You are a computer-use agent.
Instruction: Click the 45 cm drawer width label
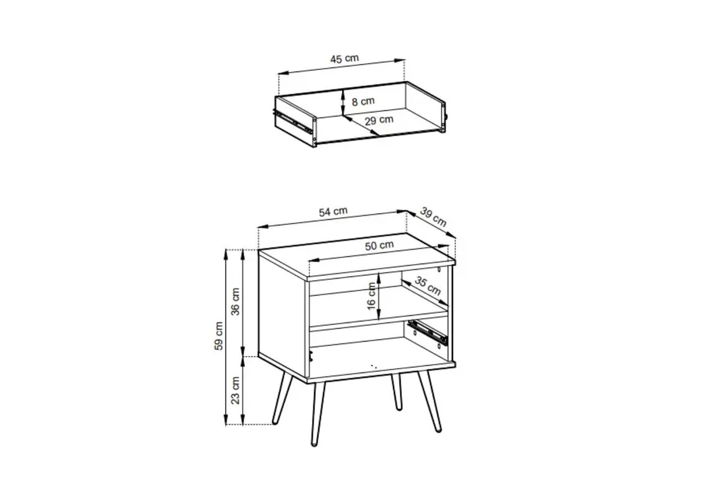click(345, 59)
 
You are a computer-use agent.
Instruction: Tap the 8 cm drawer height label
click(363, 101)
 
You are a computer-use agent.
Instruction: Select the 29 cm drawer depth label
click(379, 120)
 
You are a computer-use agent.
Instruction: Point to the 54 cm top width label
click(333, 211)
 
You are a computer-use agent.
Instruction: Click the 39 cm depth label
click(433, 217)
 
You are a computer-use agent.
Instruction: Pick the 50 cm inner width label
click(379, 245)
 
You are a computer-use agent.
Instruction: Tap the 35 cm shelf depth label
click(428, 286)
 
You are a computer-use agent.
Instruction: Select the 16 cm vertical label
click(372, 296)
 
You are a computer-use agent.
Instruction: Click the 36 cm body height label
click(235, 302)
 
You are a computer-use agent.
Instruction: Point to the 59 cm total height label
click(218, 336)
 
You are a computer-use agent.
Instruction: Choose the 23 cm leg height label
click(235, 390)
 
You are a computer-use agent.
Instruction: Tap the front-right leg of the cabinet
click(430, 402)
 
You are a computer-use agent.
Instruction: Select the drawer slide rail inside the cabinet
click(427, 333)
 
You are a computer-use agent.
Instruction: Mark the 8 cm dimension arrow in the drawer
click(343, 102)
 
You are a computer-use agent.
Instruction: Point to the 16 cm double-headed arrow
click(378, 297)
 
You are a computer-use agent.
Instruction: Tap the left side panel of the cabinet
click(282, 316)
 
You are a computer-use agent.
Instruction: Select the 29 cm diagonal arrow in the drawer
click(361, 125)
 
